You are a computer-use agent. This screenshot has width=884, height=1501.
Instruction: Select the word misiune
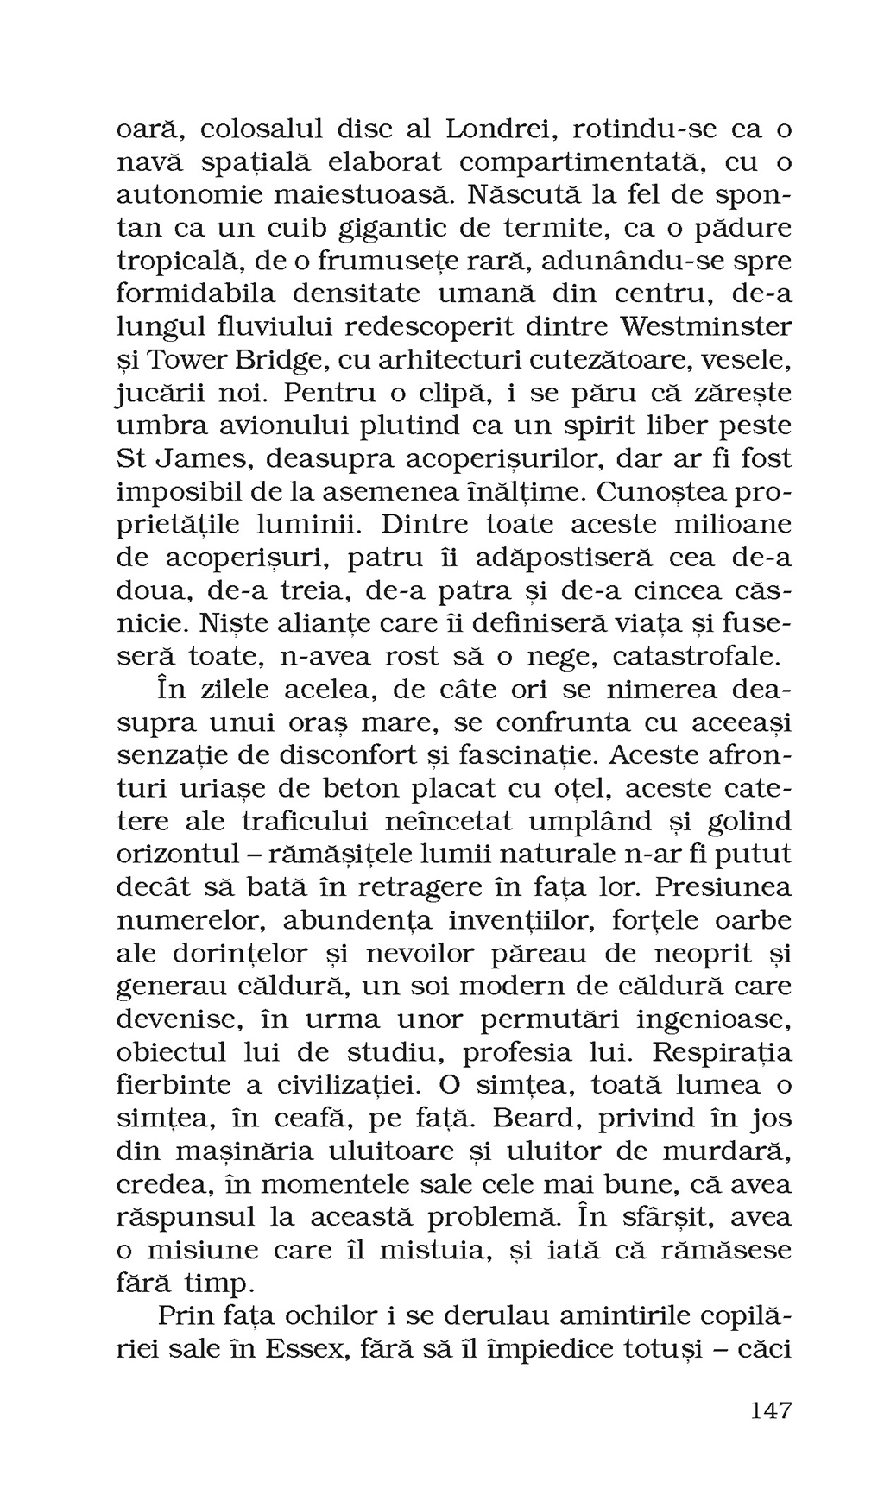click(208, 1250)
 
